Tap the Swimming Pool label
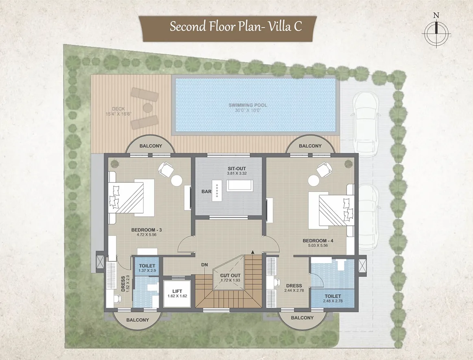pos(248,105)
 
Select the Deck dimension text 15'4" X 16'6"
pos(118,114)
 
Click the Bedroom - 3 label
pos(146,230)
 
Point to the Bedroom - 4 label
pos(318,241)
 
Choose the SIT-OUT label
pos(237,169)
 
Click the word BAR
pos(206,192)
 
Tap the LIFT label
pos(177,291)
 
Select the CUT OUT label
pos(230,275)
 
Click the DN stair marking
pos(205,265)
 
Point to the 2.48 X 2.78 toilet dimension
pos(333,301)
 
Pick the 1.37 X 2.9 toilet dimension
pos(147,271)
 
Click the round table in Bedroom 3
pos(177,181)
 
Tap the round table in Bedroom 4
pos(314,181)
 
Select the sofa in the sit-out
pos(239,185)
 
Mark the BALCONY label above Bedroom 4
pos(310,146)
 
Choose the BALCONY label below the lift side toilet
pos(137,320)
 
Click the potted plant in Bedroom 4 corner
pos(348,164)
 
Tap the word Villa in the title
pos(279,26)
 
